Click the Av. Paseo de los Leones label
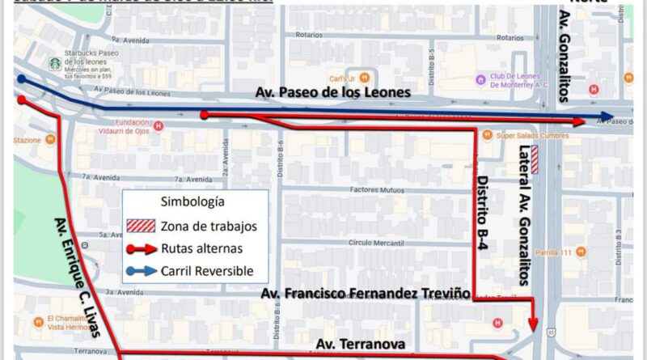coord(333,93)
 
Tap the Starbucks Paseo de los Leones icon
coord(54,65)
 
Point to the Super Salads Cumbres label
coord(526,134)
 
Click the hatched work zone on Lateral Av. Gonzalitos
coord(535,152)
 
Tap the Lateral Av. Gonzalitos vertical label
coord(523,215)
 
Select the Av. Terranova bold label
coord(361,345)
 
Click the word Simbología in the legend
coord(192,201)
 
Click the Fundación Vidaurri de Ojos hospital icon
coord(159,125)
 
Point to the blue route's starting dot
coord(22,79)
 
